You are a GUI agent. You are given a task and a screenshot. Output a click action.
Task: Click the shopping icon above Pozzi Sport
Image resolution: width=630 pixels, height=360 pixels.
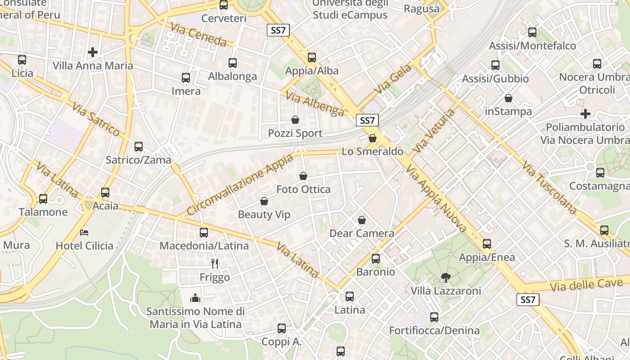click(295, 120)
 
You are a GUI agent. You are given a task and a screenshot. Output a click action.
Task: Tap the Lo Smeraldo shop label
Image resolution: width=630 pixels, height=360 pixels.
click(372, 152)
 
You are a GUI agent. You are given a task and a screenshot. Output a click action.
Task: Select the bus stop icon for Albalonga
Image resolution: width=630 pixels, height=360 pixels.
click(233, 63)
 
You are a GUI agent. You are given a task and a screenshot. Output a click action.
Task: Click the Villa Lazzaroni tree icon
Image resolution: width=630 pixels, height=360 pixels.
click(445, 277)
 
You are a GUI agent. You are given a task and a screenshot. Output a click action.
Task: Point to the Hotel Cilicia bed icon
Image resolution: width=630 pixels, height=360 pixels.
click(84, 232)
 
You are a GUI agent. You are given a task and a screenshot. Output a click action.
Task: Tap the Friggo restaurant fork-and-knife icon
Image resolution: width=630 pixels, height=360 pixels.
click(215, 264)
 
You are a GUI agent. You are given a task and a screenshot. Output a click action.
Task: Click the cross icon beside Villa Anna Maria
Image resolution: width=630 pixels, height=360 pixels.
click(93, 52)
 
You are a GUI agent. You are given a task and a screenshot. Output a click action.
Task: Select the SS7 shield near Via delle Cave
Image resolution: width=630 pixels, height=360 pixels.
click(527, 300)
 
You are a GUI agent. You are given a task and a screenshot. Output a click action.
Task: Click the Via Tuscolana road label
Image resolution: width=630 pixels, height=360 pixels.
click(549, 187)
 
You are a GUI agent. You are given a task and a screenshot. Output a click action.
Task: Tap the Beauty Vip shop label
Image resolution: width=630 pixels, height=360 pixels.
click(264, 214)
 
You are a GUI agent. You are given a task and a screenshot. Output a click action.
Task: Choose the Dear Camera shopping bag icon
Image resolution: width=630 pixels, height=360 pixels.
click(362, 220)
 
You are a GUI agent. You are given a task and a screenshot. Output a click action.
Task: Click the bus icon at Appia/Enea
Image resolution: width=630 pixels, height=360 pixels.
click(487, 244)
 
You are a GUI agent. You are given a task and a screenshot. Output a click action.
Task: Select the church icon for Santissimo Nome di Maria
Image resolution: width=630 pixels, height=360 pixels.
click(195, 298)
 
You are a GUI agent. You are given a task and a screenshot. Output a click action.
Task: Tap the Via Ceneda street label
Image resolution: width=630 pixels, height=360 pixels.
click(198, 35)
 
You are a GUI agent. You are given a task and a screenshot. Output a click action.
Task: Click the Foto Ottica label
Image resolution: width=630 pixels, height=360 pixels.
click(303, 189)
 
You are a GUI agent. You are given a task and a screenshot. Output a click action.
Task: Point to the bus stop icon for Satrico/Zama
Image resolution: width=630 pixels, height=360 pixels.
click(139, 146)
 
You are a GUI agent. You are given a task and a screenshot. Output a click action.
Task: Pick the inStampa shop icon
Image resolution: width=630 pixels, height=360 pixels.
click(508, 98)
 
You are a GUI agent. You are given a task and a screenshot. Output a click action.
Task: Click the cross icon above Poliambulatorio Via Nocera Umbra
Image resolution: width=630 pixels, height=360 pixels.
click(585, 113)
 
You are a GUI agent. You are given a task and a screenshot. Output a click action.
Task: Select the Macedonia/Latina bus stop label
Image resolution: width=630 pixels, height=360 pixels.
click(204, 246)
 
